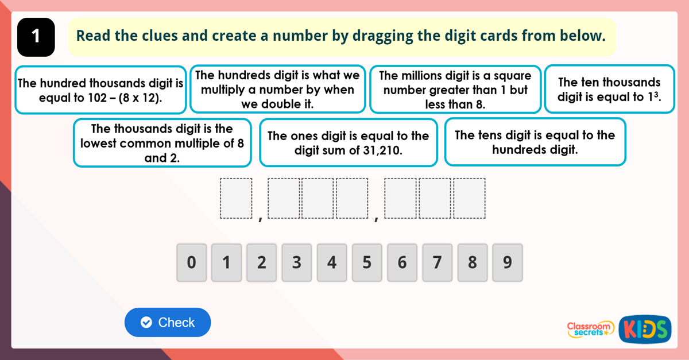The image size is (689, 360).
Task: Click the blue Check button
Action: (168, 323)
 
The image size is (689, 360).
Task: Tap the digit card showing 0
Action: (191, 263)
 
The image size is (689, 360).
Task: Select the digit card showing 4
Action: (332, 263)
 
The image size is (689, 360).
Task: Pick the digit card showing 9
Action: (507, 263)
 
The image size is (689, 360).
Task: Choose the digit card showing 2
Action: (261, 263)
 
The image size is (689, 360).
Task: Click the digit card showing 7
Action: (437, 263)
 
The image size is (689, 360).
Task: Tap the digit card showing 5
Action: (367, 263)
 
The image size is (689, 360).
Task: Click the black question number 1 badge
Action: (36, 37)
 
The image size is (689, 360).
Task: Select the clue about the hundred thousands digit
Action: (100, 90)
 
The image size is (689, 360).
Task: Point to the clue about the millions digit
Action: (455, 90)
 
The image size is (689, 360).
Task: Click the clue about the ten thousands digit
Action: (609, 90)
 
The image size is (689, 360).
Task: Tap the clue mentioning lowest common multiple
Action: (162, 143)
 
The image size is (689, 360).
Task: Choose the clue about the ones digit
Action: (348, 143)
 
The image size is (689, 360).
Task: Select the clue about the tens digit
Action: (535, 142)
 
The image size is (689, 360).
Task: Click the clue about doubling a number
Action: (277, 90)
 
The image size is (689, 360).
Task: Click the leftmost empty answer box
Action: (237, 199)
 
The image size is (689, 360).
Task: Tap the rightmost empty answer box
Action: (470, 199)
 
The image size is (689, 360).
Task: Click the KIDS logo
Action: (645, 329)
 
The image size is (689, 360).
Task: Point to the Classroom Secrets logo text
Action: (590, 328)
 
